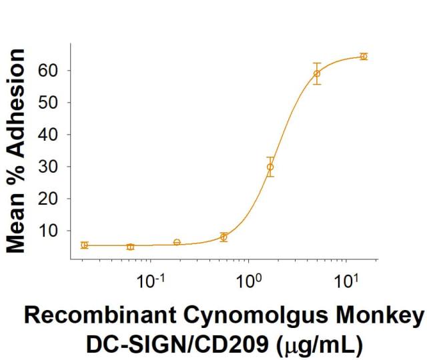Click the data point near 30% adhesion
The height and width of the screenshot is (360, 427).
click(270, 167)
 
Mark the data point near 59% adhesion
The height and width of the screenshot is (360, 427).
click(317, 73)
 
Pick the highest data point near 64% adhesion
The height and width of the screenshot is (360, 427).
click(364, 57)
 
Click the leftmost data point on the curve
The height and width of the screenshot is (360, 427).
click(84, 245)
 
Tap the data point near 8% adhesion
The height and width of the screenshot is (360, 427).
click(224, 237)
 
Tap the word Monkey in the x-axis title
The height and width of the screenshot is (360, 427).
click(380, 317)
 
